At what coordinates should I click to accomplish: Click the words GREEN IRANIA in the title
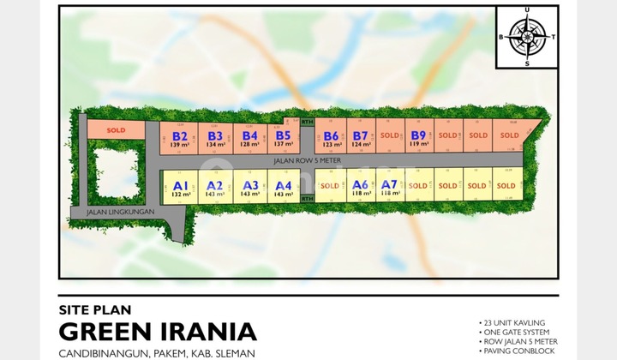coord(157,331)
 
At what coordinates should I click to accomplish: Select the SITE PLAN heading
coord(91,310)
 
